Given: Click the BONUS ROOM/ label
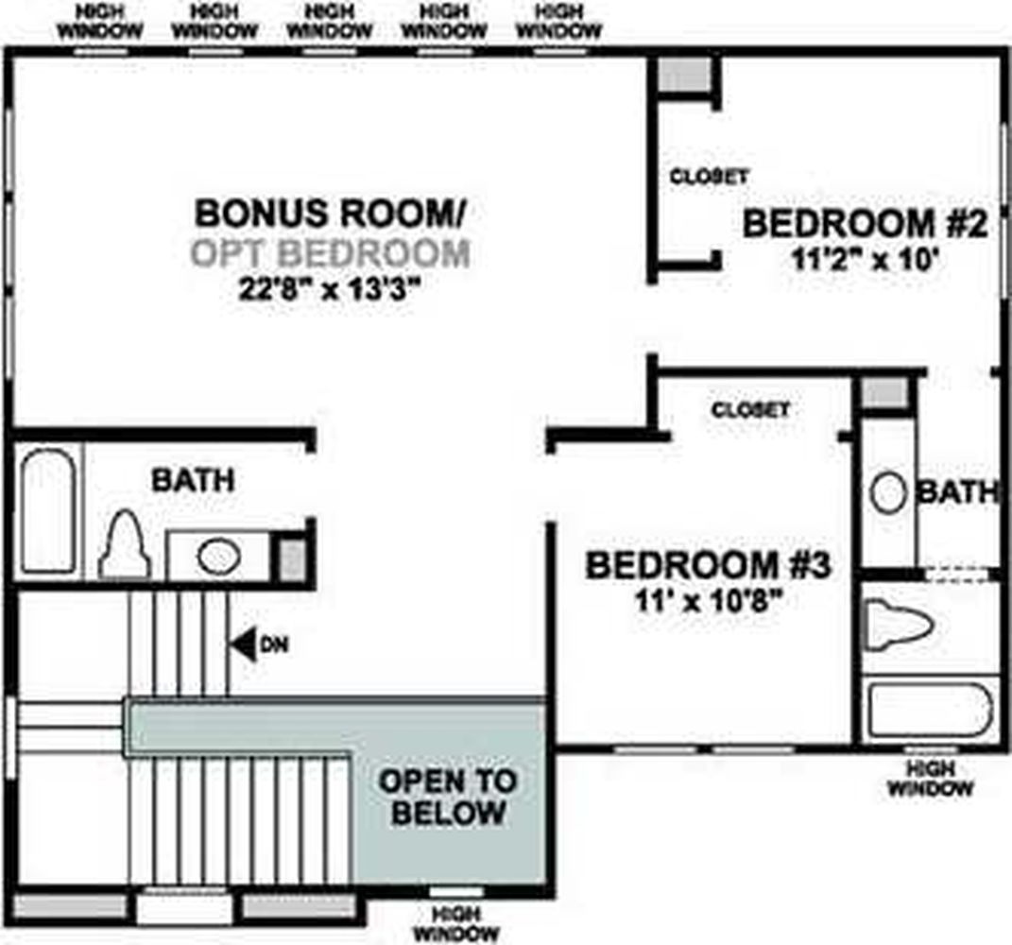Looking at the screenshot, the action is [329, 213].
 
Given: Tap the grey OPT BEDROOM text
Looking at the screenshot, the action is [331, 253].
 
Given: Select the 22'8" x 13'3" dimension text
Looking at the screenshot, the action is [329, 289].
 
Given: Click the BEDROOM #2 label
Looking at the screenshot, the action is [866, 224].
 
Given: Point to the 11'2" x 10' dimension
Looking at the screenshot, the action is [864, 260].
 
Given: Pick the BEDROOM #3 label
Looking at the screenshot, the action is [708, 565].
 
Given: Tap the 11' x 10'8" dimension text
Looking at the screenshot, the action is [709, 601].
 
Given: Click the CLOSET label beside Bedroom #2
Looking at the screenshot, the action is [709, 176].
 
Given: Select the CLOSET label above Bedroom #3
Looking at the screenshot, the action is [750, 409].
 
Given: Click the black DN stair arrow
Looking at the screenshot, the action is [242, 644].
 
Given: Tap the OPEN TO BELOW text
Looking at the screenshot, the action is [449, 797].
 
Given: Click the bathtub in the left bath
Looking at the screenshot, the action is [48, 510].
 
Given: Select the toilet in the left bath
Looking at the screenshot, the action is [125, 545].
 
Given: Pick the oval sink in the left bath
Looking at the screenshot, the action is [219, 557].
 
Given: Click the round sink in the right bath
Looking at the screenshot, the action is [888, 493].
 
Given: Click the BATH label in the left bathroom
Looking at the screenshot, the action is [193, 480].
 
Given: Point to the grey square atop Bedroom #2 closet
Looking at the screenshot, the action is [684, 75].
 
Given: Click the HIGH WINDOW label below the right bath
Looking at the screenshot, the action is [930, 779].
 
